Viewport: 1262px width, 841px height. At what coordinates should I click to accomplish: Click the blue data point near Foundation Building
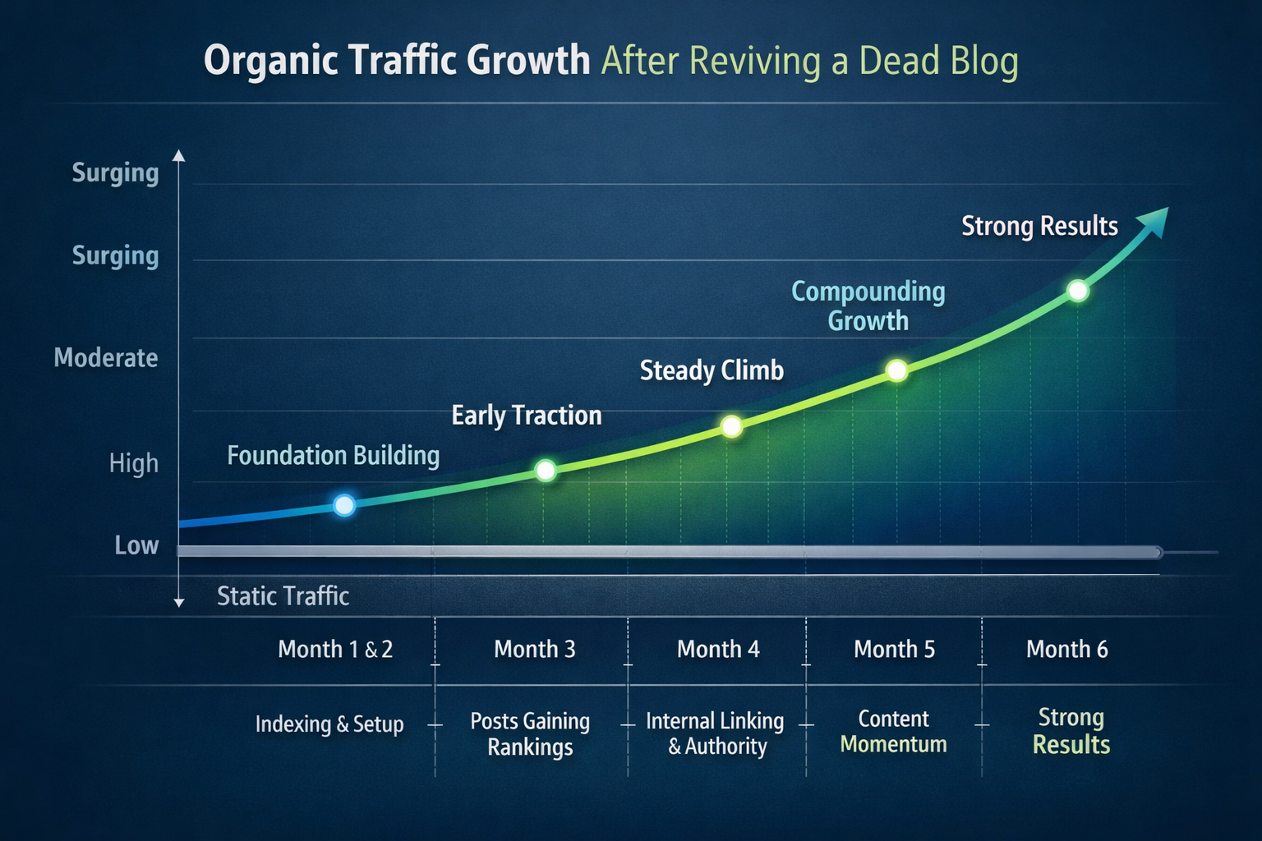click(x=345, y=504)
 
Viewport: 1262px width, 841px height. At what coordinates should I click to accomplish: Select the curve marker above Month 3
click(x=546, y=471)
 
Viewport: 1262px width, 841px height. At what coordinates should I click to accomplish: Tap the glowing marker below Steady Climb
click(x=731, y=426)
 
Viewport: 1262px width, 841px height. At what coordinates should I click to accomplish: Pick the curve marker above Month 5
click(x=897, y=370)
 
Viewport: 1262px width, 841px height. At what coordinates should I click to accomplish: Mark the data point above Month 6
click(x=1078, y=291)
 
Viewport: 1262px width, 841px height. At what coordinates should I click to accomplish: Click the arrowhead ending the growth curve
click(x=1154, y=221)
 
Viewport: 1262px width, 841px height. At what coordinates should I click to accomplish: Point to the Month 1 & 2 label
click(x=335, y=650)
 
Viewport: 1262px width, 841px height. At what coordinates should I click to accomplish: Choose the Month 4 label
click(x=718, y=650)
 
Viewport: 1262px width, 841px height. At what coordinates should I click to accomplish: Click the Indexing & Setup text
click(x=329, y=724)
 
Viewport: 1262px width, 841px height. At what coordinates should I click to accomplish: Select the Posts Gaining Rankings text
click(x=530, y=733)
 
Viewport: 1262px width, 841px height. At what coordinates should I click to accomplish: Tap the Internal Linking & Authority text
click(x=715, y=733)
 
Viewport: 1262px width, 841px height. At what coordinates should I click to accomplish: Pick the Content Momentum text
click(x=893, y=732)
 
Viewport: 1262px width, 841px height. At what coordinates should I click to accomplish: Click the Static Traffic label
click(x=283, y=596)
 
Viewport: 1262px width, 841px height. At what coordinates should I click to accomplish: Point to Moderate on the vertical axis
click(x=106, y=358)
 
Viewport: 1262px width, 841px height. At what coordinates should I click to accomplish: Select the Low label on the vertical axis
click(x=136, y=546)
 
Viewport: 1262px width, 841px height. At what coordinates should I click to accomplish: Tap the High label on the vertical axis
click(x=133, y=464)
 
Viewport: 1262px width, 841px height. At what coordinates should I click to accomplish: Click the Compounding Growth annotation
click(x=868, y=306)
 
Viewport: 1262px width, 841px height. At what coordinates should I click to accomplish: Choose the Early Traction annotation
click(x=527, y=416)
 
